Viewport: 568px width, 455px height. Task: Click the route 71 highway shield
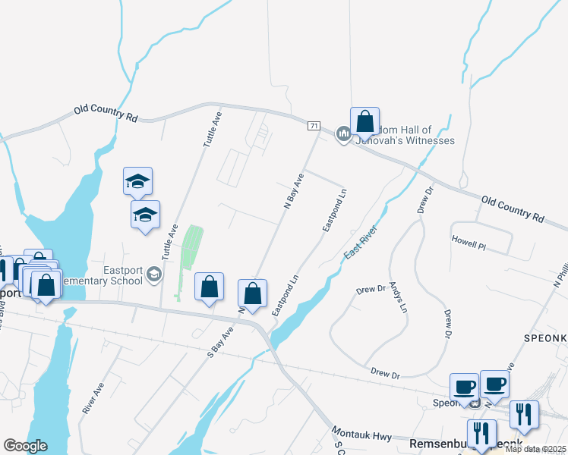(x=314, y=126)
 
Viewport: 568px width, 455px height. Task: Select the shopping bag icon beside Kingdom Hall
(x=364, y=121)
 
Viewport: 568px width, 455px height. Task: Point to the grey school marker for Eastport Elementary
(x=154, y=274)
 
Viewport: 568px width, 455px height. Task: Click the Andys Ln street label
(x=398, y=298)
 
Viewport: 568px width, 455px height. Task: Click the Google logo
(x=25, y=446)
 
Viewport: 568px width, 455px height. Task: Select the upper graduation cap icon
(x=137, y=181)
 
